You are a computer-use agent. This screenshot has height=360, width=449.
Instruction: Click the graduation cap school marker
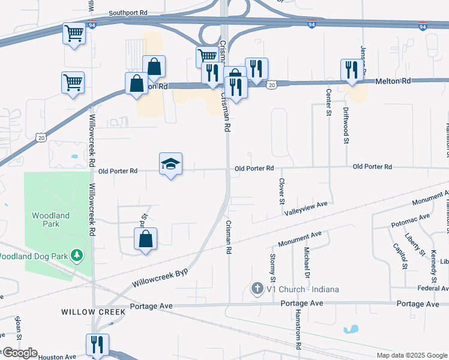pos(170,164)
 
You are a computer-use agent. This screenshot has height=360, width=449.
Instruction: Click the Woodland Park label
pos(51,220)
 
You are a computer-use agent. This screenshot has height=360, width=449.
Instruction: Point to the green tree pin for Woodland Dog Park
pos(76,256)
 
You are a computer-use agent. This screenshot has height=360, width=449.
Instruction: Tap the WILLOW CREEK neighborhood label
pos(94,312)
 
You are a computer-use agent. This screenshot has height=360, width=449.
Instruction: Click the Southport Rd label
pos(128,13)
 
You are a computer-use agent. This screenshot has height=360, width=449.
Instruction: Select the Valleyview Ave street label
pos(306,208)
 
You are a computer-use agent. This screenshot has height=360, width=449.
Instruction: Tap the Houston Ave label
pos(58,357)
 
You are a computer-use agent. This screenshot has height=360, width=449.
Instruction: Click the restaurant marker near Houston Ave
pos(97,344)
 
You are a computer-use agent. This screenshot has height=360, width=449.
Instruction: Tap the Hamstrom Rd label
pos(297,329)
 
